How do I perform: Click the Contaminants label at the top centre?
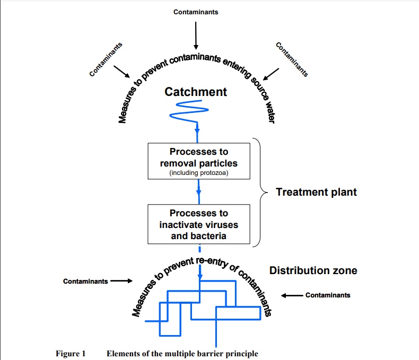click(195, 12)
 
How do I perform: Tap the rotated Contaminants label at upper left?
click(106, 59)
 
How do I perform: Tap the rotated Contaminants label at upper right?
click(292, 59)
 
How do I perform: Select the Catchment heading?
click(196, 92)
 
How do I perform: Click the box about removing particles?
click(199, 162)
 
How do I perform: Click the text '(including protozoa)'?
click(199, 173)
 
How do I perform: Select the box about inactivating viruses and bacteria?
click(199, 224)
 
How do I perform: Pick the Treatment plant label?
click(317, 192)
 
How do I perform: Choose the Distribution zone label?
click(313, 270)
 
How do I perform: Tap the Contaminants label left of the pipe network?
click(85, 281)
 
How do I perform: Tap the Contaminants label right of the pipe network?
click(328, 295)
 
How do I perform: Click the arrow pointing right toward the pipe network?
click(121, 281)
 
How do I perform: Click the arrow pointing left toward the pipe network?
click(292, 295)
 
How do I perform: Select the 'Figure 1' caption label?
click(71, 354)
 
